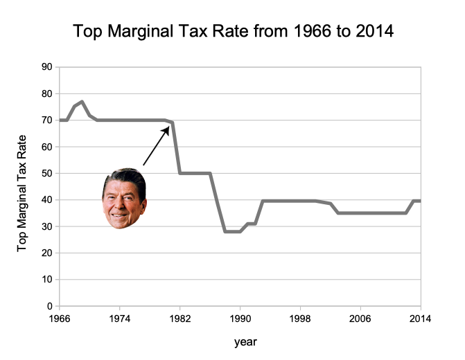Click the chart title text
point(233,31)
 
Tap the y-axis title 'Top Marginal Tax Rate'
point(23,187)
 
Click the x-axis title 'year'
point(245,341)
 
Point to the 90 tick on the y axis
point(48,67)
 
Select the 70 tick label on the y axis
point(48,120)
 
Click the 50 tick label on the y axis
point(48,174)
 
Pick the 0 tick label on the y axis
point(50,306)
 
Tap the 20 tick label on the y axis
point(48,253)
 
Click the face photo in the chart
point(124,198)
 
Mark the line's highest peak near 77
point(82,102)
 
